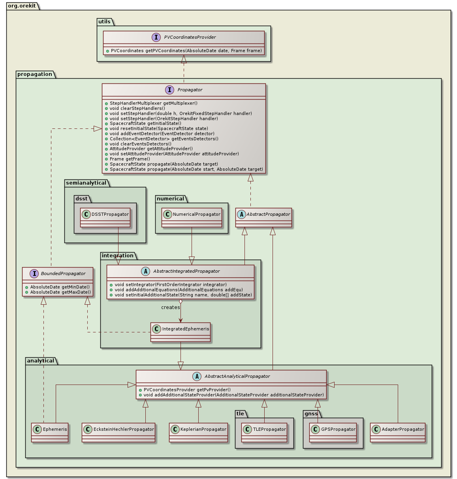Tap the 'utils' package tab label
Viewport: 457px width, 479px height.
(x=104, y=21)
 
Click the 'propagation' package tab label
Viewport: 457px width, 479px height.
(x=35, y=74)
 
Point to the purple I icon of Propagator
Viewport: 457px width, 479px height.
(x=170, y=90)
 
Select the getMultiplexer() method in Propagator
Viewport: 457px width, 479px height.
(x=153, y=103)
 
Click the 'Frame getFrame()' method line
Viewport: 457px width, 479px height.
(x=130, y=159)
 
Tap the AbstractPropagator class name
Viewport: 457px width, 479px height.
(x=268, y=214)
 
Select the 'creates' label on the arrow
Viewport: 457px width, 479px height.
(x=170, y=307)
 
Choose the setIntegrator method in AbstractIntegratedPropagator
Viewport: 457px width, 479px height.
(x=170, y=285)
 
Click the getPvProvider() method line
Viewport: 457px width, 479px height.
(x=187, y=390)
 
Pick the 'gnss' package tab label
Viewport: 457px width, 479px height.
(x=311, y=414)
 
